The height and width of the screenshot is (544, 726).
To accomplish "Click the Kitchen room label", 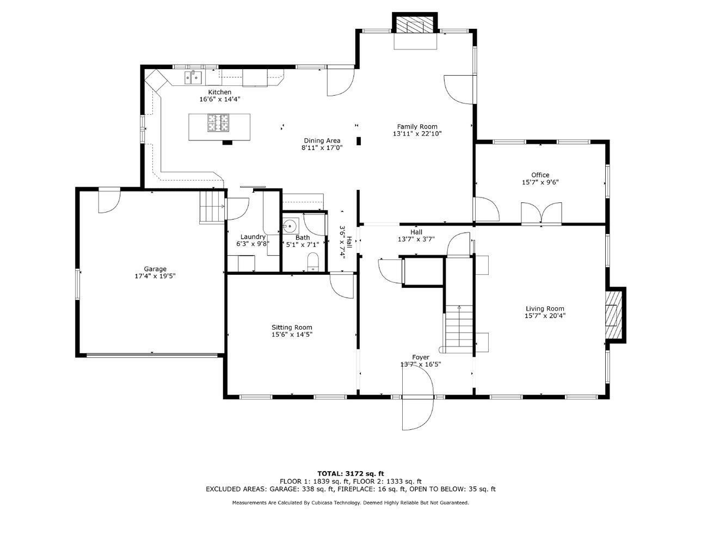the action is [x=219, y=92].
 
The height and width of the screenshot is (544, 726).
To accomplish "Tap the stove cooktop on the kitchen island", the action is [x=218, y=122].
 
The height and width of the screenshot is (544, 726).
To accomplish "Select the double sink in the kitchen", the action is [x=193, y=78].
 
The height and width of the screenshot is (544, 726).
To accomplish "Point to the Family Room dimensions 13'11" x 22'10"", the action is [x=417, y=134].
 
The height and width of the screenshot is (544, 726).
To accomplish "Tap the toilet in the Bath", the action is [x=312, y=262].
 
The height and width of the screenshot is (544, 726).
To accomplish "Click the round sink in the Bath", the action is [x=290, y=226].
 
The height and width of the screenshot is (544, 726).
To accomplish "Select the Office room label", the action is [x=540, y=175].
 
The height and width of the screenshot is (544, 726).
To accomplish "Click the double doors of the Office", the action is [x=541, y=213].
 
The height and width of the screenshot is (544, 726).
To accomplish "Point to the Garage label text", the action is [x=155, y=269].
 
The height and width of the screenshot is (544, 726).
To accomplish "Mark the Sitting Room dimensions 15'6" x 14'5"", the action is [x=292, y=335].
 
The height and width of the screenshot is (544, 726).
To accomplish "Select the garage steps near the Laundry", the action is [x=212, y=207].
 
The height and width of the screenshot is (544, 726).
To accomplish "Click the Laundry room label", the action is [x=253, y=237].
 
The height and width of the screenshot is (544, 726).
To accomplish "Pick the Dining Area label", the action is [x=322, y=140].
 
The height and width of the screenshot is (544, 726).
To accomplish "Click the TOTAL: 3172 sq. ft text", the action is [x=350, y=474].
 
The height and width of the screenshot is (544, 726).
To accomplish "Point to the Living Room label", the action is [x=545, y=308].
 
